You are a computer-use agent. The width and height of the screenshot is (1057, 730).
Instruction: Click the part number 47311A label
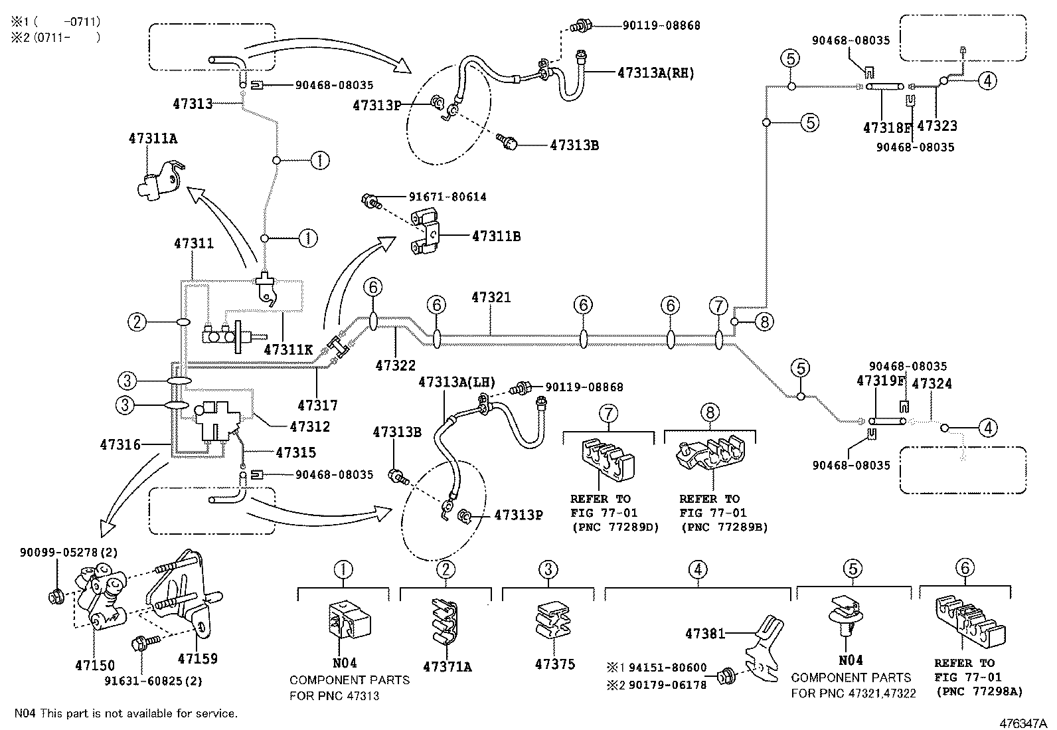coord(153,138)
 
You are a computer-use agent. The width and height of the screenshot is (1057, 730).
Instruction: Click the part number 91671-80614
coord(438,197)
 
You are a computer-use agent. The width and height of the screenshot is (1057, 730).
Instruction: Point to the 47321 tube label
coord(491,297)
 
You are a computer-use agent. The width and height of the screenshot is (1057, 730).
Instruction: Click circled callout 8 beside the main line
coord(764,323)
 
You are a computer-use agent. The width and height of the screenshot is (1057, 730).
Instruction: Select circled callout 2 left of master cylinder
coord(137,323)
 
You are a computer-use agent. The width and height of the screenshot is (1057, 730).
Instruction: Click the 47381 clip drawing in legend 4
coord(764,648)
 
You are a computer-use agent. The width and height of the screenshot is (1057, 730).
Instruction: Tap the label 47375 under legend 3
coord(554,664)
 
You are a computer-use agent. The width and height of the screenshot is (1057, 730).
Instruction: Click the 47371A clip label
coord(447,666)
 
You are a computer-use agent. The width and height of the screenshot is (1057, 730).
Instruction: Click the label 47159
coord(197,659)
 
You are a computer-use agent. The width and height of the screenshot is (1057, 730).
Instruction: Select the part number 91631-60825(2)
coord(154,680)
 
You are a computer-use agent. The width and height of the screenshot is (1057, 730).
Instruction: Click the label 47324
coord(932,384)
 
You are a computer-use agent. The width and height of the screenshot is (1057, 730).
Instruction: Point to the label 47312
coord(309,427)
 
